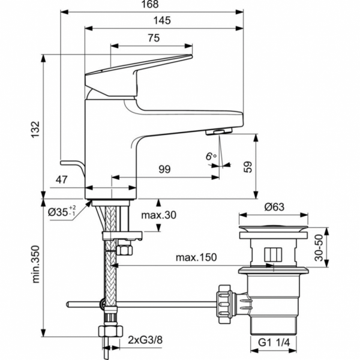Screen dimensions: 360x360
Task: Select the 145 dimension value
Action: click(163, 20)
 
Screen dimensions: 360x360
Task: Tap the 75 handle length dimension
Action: click(152, 38)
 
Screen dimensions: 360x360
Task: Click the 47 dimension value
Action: click(61, 179)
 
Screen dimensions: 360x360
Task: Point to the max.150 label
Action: click(196, 257)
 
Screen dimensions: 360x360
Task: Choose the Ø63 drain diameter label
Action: click(275, 208)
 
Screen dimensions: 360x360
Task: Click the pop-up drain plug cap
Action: click(275, 229)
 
